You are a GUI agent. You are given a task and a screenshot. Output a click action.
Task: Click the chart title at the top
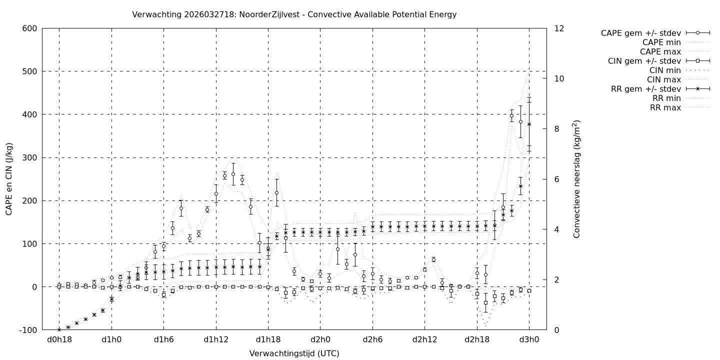pyautogui.click(x=294, y=14)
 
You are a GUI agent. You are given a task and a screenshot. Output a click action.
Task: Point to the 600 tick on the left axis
pyautogui.click(x=29, y=28)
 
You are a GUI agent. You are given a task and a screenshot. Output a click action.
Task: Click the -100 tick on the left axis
pyautogui.click(x=28, y=330)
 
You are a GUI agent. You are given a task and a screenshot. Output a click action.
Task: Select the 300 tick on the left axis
pyautogui.click(x=29, y=157)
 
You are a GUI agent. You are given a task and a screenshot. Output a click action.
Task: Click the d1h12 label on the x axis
pyautogui.click(x=216, y=340)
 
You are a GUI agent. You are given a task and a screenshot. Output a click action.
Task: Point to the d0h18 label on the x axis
pyautogui.click(x=59, y=340)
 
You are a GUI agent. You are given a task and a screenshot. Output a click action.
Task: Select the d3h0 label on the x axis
pyautogui.click(x=529, y=340)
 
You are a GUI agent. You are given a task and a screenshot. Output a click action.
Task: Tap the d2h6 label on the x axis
pyautogui.click(x=372, y=340)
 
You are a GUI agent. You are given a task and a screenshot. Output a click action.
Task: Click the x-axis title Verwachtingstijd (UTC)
pyautogui.click(x=294, y=353)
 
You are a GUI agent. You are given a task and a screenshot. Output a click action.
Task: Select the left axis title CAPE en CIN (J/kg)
pyautogui.click(x=9, y=179)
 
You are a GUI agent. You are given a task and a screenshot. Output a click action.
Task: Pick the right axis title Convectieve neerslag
pyautogui.click(x=576, y=179)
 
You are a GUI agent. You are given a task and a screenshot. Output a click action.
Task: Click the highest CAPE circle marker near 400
pyautogui.click(x=511, y=116)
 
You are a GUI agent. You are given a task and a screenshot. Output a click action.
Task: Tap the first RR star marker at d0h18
pyautogui.click(x=59, y=329)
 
